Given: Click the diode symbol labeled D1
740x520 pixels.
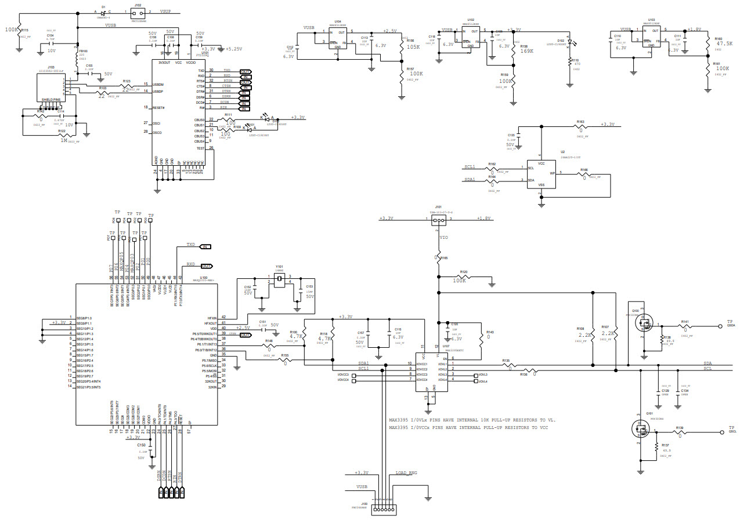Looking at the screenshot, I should pos(103,12).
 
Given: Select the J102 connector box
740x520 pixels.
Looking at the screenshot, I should pos(138,12).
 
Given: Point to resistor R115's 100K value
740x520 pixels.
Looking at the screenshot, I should pos(11,29).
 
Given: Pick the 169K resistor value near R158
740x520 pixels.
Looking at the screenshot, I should pos(527,51).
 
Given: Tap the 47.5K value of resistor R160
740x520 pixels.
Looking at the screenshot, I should pos(723,43).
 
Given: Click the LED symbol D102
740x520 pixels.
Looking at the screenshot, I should pos(571,42).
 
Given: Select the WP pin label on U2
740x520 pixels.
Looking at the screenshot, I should pos(552,173).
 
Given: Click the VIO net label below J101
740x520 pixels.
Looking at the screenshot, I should pos(443,237).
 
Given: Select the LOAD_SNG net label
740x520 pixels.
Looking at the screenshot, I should pos(406,473).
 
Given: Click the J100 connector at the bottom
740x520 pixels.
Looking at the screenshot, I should pos(383,510).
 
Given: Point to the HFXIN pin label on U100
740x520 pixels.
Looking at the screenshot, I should pos(212,318).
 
